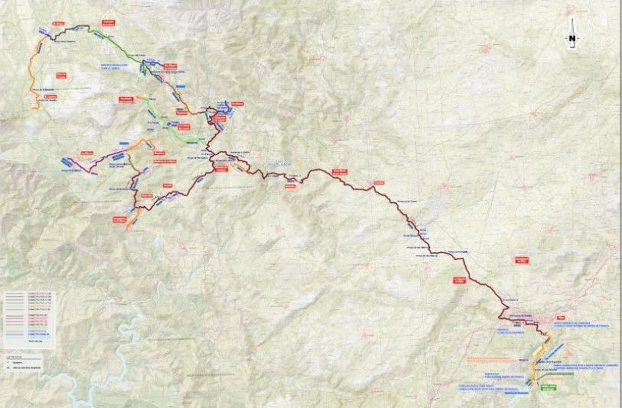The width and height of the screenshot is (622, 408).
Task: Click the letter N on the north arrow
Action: (572, 38)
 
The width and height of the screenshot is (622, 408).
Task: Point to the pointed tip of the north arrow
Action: (572, 19)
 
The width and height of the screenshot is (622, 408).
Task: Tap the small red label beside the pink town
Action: (560, 318)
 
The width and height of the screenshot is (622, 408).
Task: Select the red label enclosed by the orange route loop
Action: (61, 75)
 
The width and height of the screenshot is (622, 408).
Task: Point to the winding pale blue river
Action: (117, 349)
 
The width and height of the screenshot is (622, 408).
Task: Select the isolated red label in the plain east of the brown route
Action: (522, 260)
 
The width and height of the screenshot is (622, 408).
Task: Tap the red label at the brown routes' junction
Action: (220, 169)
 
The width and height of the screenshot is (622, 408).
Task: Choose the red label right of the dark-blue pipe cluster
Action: (237, 104)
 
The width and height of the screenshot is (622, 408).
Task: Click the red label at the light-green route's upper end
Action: (126, 100)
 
